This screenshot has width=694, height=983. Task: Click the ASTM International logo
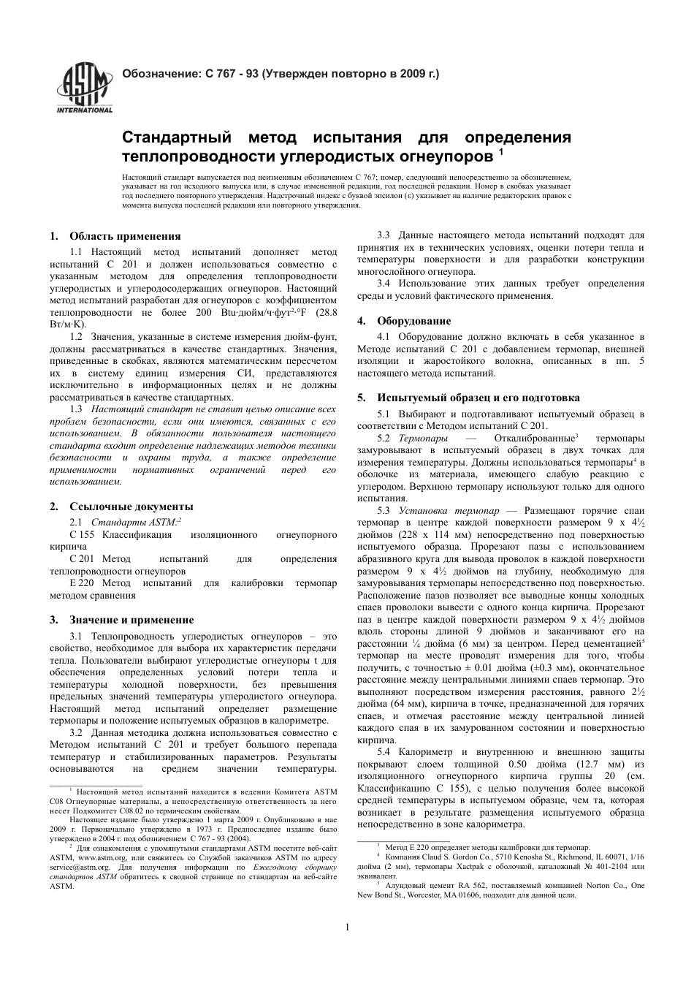tap(85, 87)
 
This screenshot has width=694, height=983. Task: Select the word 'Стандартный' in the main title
tap(176, 137)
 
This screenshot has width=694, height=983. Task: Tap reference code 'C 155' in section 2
tap(83, 535)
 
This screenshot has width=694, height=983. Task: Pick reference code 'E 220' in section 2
tap(83, 582)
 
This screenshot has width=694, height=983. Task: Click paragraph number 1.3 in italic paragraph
tap(76, 409)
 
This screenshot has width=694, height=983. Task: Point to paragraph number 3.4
tap(384, 284)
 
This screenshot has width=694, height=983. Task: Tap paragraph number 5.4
tap(384, 751)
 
